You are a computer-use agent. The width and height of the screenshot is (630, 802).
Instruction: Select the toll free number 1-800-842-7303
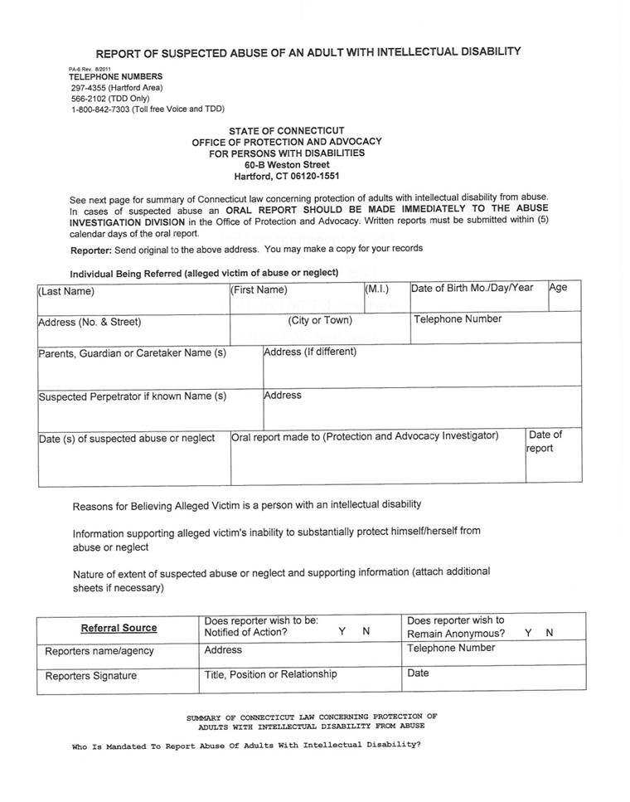[x=109, y=109]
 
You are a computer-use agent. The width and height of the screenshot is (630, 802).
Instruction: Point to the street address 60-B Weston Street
[x=286, y=165]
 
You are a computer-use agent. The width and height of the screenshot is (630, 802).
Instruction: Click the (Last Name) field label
[x=66, y=291]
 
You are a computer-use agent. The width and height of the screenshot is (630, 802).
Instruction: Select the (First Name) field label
[x=259, y=290]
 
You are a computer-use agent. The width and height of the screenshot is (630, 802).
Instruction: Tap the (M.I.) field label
[x=376, y=289]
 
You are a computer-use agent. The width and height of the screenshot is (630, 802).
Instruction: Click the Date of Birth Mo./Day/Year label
[x=472, y=288]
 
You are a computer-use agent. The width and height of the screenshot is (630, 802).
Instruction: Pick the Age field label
[x=558, y=288]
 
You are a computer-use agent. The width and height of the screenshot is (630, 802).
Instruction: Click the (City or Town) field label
[x=320, y=320]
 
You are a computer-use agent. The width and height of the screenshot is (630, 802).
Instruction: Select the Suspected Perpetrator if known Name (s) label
[x=133, y=396]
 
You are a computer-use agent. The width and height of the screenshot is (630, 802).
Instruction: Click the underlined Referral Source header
[x=119, y=628]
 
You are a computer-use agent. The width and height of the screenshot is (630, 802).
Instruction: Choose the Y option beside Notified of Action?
[x=342, y=632]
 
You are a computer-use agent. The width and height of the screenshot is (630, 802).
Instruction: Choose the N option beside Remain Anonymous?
[x=550, y=633]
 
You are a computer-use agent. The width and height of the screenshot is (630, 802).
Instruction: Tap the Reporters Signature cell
[x=91, y=676]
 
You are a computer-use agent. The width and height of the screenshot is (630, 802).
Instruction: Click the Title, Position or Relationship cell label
[x=271, y=674]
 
